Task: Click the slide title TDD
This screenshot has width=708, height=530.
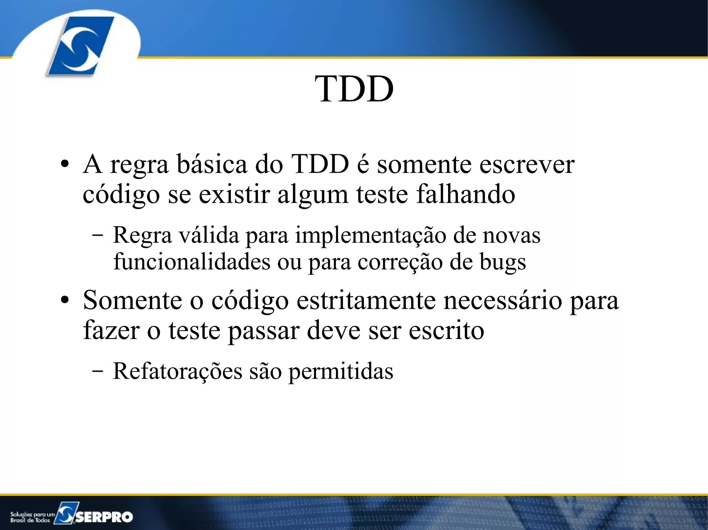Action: [x=354, y=89]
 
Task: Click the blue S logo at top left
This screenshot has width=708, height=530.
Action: [x=80, y=46]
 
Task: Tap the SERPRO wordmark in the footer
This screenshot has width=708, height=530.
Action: [x=104, y=517]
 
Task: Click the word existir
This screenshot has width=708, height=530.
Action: [x=234, y=194]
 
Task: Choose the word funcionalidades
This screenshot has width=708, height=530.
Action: [x=192, y=262]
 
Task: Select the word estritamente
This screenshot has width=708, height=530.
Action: [x=366, y=300]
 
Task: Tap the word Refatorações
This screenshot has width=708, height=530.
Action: [x=177, y=372]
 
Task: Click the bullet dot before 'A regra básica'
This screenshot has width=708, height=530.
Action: [x=64, y=165]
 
